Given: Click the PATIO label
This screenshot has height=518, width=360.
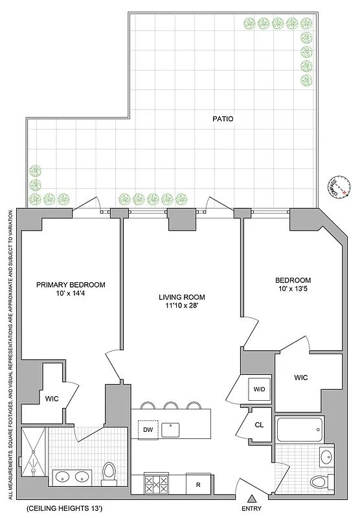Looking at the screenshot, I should click(223, 119).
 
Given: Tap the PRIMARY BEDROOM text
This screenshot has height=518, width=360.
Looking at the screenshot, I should click(71, 284).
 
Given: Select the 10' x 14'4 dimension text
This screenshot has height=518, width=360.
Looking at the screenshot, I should click(71, 294).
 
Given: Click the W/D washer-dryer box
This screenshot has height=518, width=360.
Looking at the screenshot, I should click(258, 390).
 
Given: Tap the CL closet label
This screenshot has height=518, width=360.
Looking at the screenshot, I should click(259, 426).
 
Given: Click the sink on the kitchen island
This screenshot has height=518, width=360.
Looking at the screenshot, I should click(170, 429).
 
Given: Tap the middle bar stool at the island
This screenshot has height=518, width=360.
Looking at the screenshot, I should click(171, 405).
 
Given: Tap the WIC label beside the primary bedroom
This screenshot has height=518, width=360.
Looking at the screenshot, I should click(52, 398).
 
